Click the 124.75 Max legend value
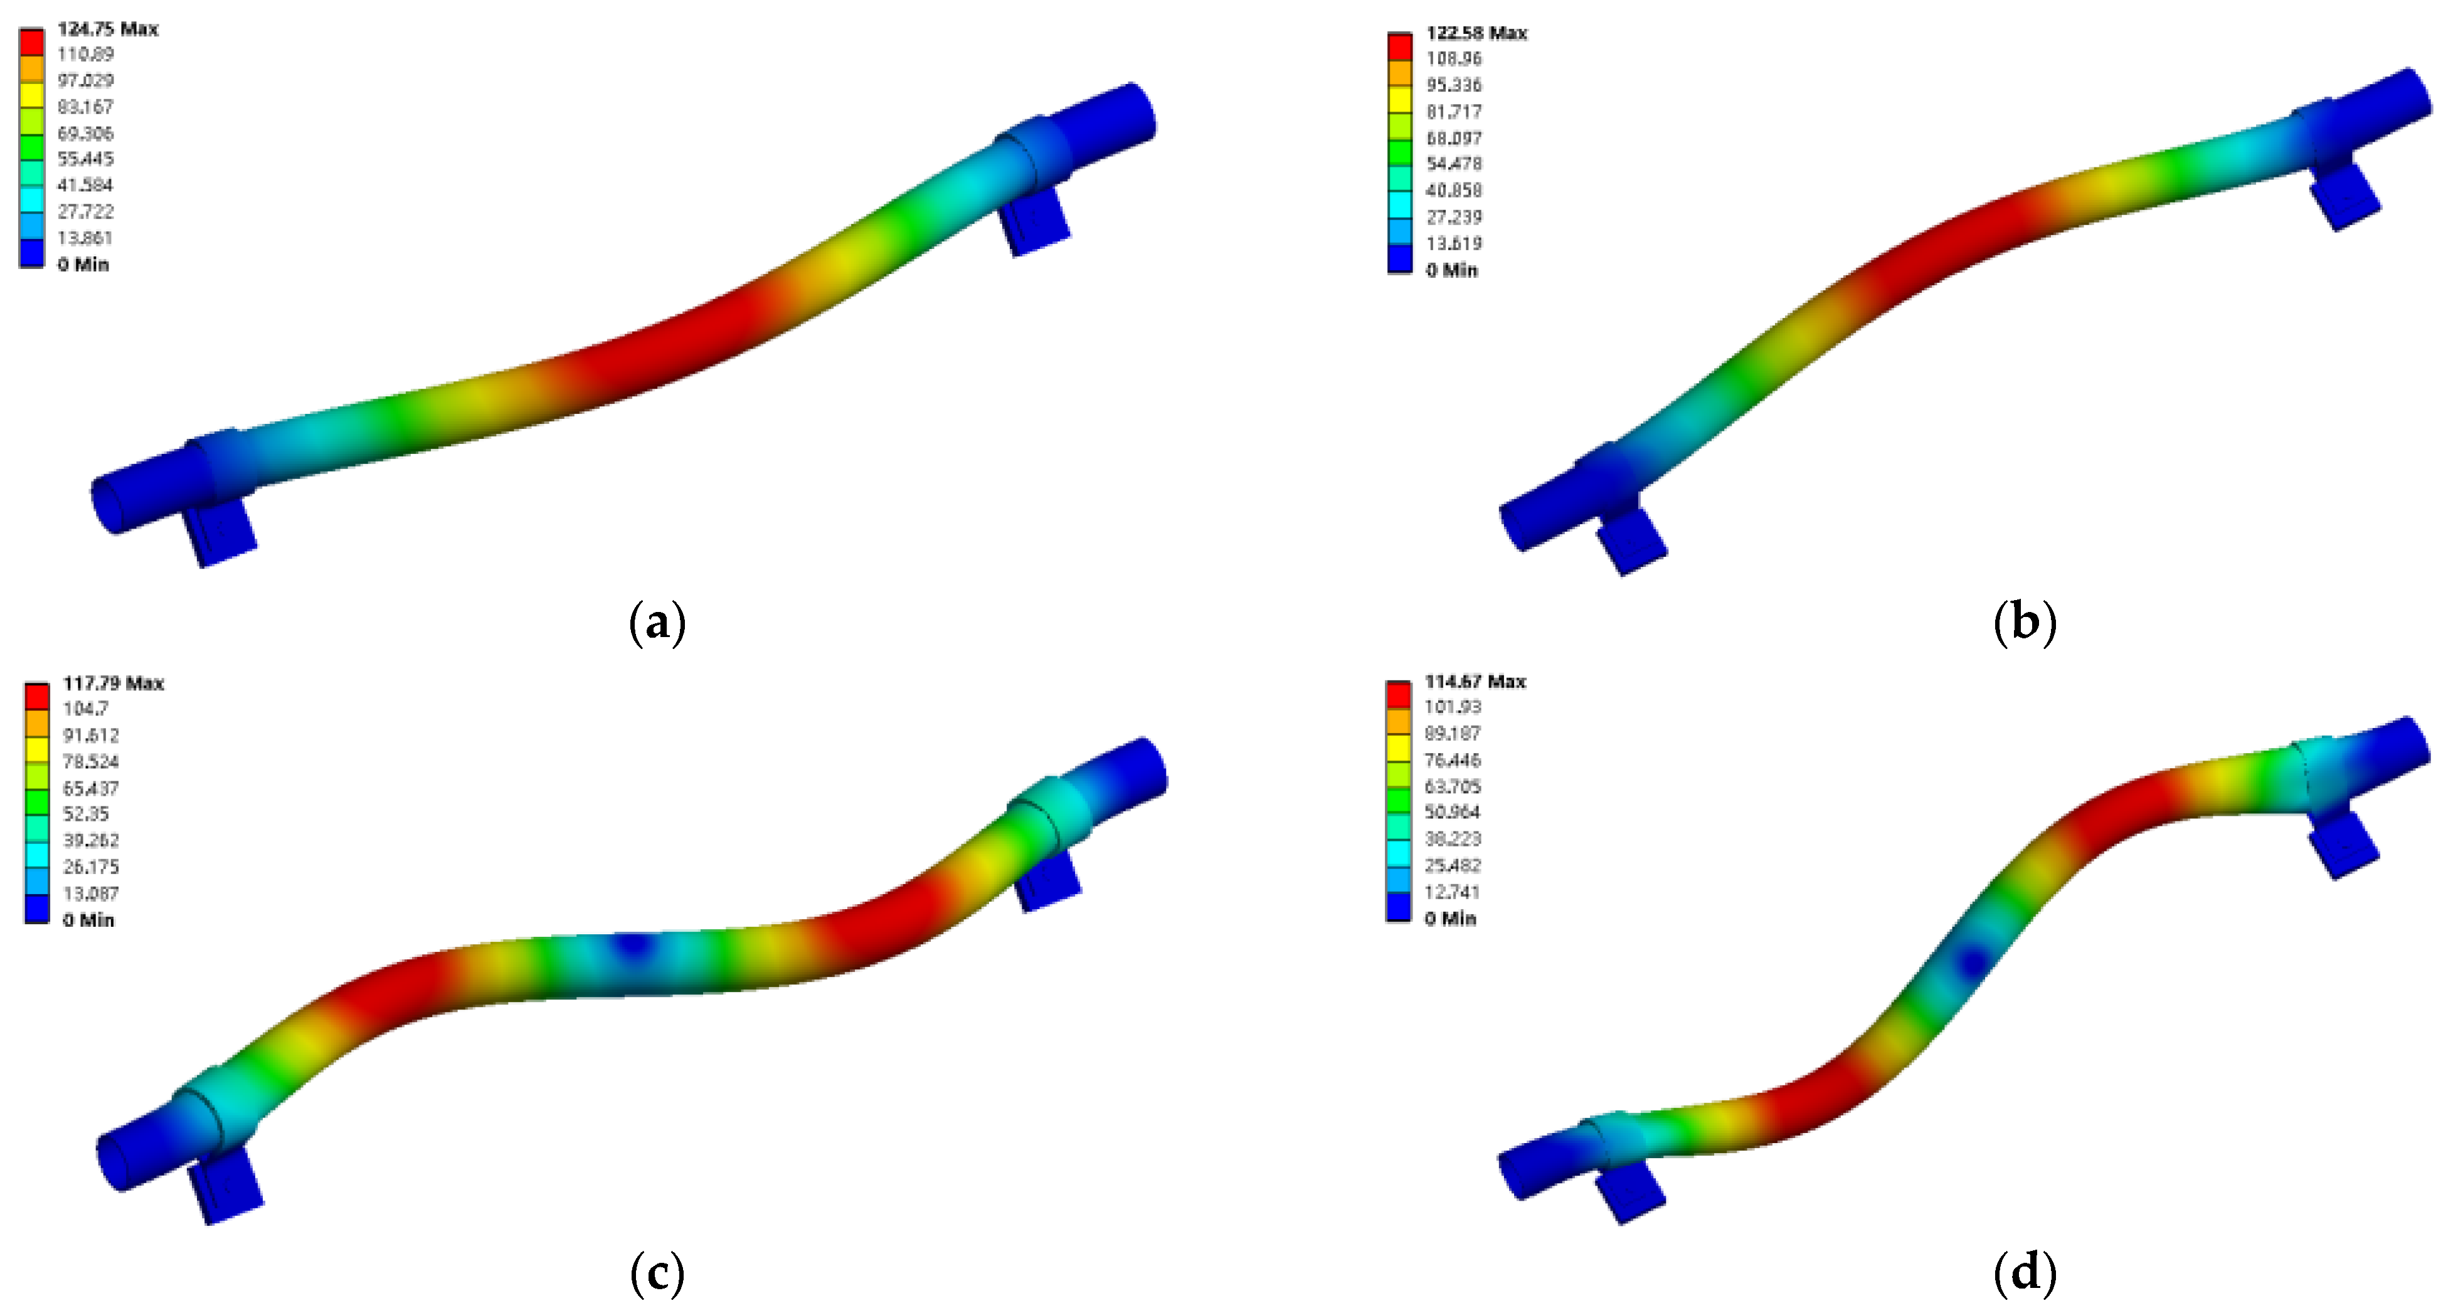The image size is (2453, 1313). click(107, 29)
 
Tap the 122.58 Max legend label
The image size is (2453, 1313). click(1476, 33)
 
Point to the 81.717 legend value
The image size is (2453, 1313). click(1453, 112)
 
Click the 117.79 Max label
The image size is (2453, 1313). click(112, 683)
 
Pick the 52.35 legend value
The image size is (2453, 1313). click(86, 813)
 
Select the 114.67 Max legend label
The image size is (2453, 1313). click(1474, 681)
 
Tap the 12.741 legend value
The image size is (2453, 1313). click(1451, 891)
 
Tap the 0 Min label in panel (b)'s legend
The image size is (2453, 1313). click(1451, 270)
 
